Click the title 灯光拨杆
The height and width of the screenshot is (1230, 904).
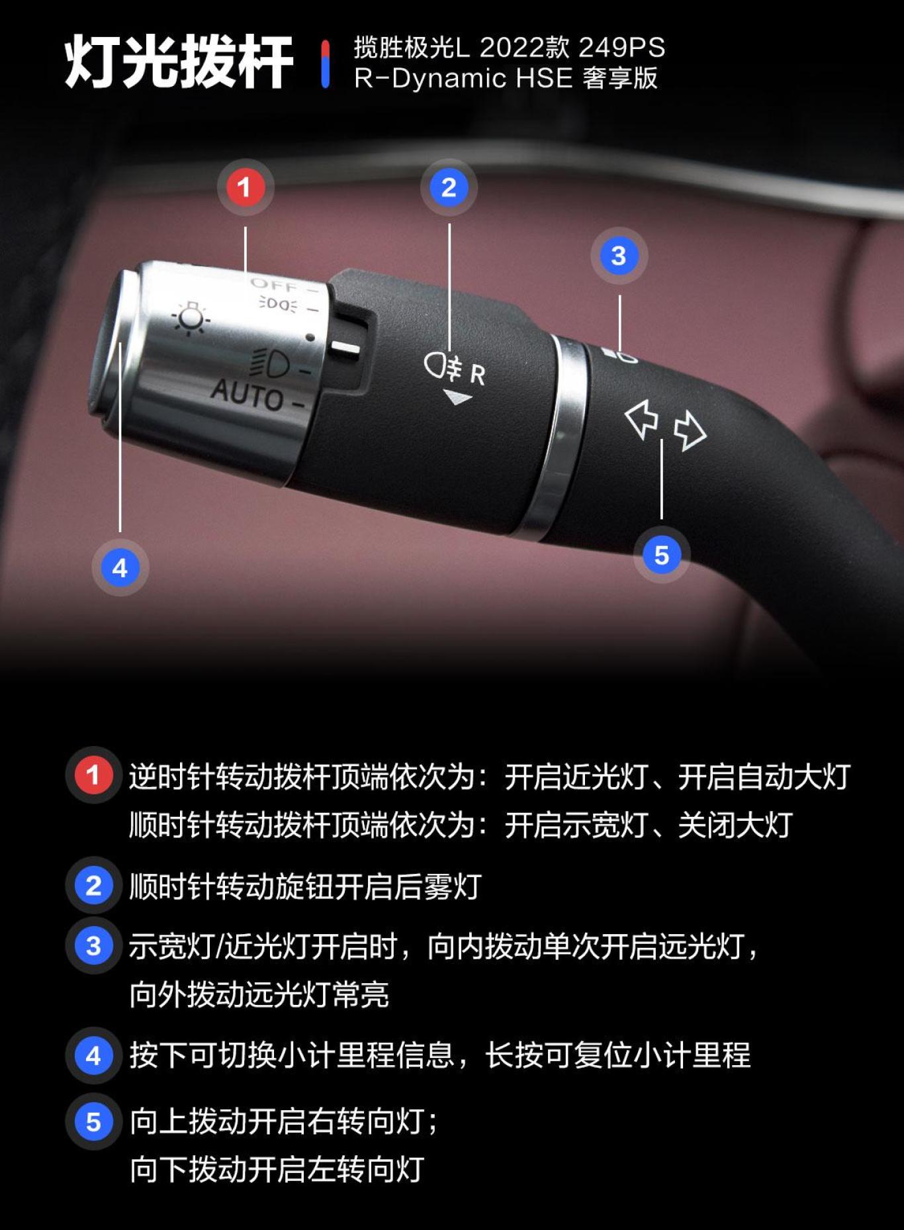[x=179, y=62]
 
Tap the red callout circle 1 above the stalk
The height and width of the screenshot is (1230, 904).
[x=245, y=187]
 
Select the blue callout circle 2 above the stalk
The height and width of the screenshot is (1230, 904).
[x=449, y=187]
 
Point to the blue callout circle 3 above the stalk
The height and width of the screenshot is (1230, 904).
[x=619, y=256]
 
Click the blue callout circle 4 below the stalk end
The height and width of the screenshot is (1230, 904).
[x=120, y=567]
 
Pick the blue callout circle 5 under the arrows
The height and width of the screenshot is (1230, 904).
[x=661, y=555]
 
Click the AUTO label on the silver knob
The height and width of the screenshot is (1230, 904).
[x=247, y=395]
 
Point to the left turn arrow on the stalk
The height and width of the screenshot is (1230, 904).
[x=641, y=418]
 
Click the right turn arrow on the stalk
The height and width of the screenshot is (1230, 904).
[x=690, y=430]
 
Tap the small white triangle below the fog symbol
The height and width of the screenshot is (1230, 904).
[x=457, y=398]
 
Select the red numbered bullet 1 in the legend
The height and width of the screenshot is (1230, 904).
[x=93, y=775]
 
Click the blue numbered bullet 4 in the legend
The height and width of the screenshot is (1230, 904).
[x=93, y=1055]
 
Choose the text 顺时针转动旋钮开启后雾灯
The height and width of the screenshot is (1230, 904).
[x=305, y=886]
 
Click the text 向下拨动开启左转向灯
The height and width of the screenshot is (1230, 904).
[x=277, y=1169]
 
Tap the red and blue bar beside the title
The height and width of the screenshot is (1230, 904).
[x=325, y=64]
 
